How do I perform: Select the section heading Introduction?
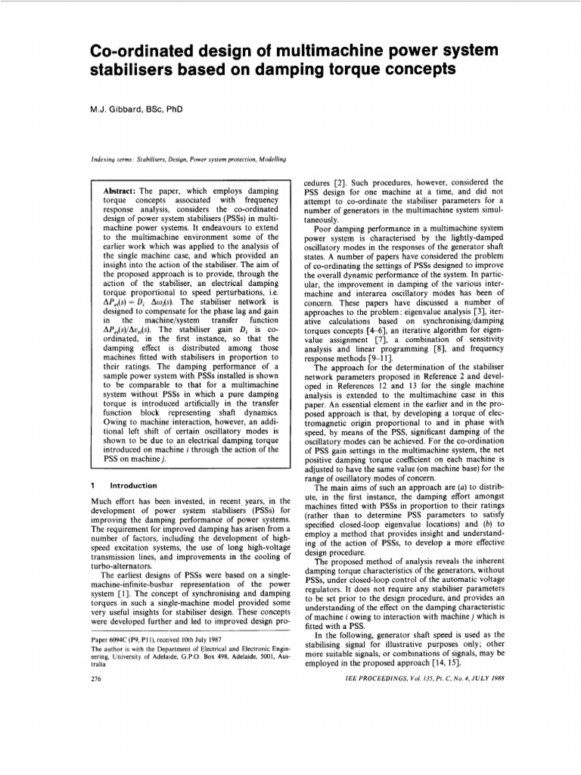point(133,485)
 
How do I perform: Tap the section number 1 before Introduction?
point(92,485)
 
